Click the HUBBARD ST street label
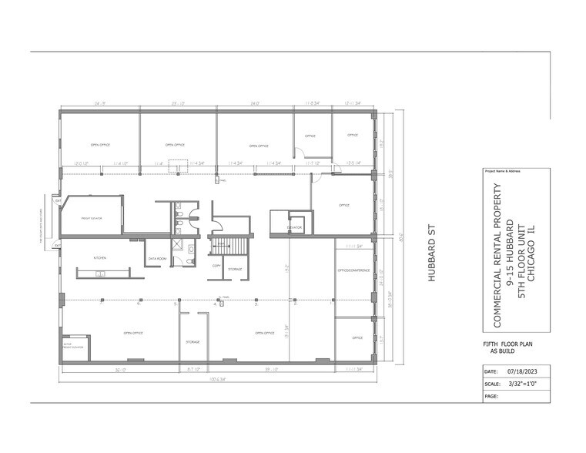click(x=432, y=253)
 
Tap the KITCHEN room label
click(x=99, y=257)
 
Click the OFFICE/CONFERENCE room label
click(x=354, y=270)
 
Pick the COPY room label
click(x=216, y=265)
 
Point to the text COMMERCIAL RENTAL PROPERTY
click(x=497, y=243)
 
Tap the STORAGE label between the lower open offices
click(x=193, y=341)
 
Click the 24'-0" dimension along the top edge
click(x=253, y=102)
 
